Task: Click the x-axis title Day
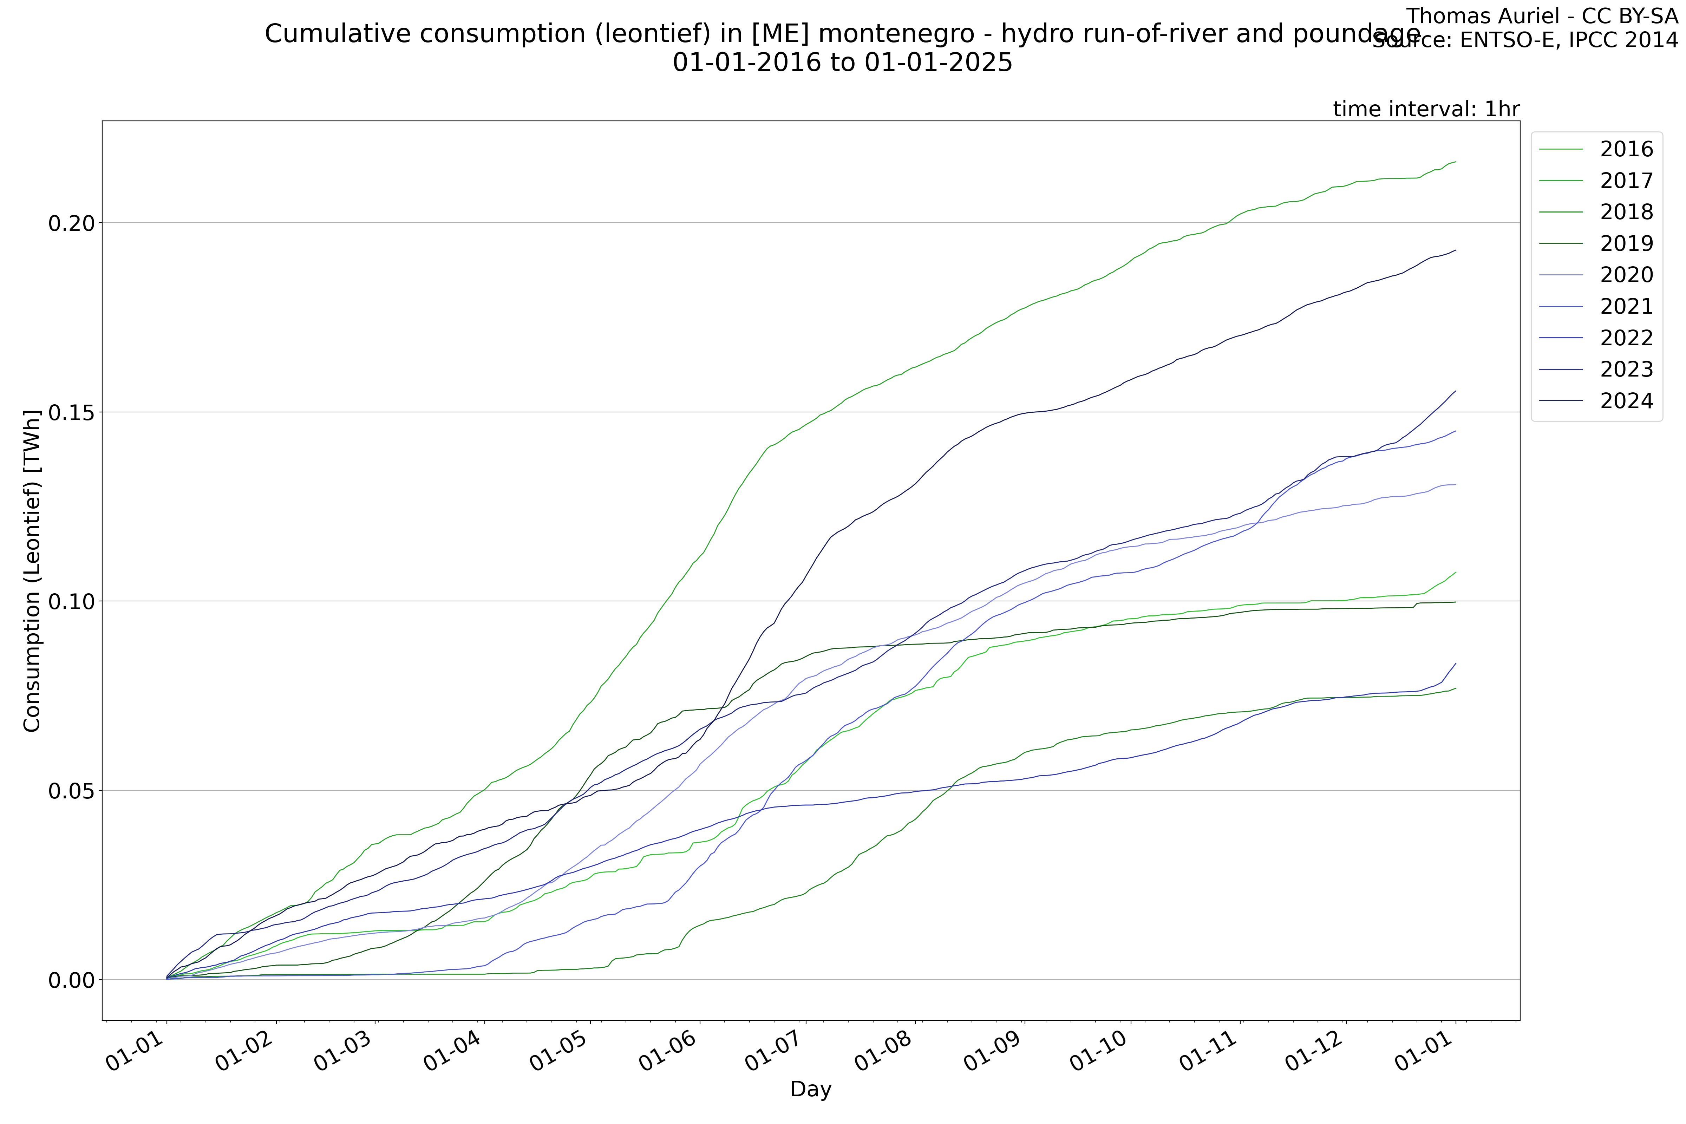(x=811, y=1090)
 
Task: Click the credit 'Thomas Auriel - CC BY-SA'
(x=1541, y=16)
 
